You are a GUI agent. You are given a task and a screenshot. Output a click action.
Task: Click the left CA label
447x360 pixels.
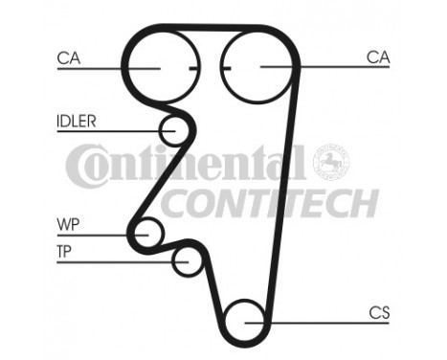click(68, 58)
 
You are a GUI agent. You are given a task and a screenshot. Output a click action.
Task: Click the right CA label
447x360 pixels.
click(378, 58)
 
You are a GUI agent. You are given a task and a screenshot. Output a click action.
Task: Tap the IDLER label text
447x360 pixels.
click(75, 122)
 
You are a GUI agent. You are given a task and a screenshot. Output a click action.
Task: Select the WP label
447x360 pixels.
click(67, 225)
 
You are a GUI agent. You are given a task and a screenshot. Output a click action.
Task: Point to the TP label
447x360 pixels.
click(66, 252)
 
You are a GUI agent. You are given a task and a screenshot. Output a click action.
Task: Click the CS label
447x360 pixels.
click(379, 312)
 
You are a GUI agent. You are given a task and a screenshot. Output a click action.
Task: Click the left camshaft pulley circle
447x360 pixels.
click(157, 67)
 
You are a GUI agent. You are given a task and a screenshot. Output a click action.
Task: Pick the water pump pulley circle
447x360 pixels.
click(148, 233)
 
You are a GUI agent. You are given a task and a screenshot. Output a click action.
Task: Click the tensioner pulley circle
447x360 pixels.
click(188, 259)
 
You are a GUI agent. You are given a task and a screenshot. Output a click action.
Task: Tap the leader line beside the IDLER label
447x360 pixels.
click(115, 130)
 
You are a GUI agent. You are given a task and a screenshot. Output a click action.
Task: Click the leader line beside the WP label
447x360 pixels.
click(101, 234)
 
